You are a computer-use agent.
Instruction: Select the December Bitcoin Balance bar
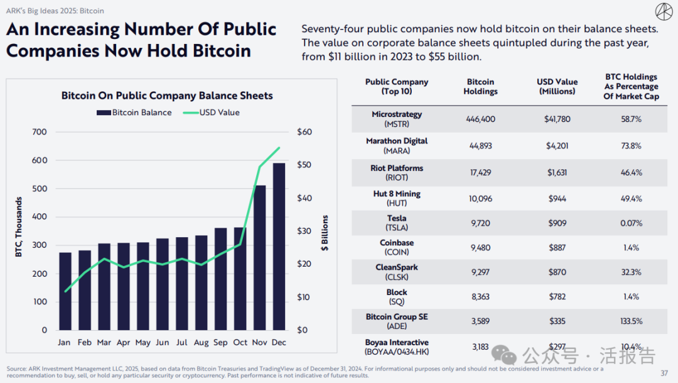[279, 247]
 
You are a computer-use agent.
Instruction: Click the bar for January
[65, 291]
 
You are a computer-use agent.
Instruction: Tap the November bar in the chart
[259, 257]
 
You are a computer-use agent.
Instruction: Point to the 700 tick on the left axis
[40, 132]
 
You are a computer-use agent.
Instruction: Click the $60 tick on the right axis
[304, 132]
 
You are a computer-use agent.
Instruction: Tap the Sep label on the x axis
[220, 343]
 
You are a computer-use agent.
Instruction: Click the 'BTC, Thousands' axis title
[19, 227]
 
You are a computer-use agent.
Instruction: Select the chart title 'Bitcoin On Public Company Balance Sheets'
[167, 96]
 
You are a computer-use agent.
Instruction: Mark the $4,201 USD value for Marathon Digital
[556, 146]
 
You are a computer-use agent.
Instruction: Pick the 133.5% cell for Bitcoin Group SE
[631, 321]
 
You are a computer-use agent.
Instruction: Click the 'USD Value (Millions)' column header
[557, 87]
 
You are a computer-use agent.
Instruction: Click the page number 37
[664, 374]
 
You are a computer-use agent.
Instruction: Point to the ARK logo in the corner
[663, 13]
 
